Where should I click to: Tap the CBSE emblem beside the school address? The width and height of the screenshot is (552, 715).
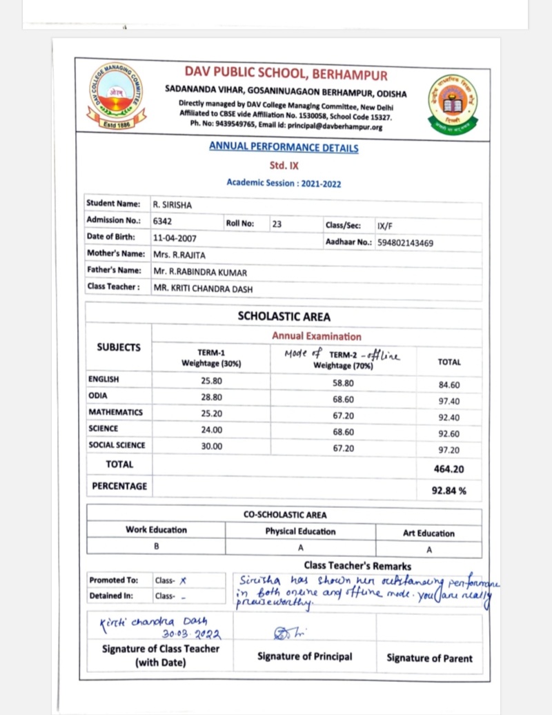click(452, 104)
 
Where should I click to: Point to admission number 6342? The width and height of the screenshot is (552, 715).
click(162, 221)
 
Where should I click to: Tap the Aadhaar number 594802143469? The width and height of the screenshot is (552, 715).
click(405, 242)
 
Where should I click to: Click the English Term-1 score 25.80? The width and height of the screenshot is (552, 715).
click(211, 380)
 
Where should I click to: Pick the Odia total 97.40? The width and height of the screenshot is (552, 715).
click(449, 401)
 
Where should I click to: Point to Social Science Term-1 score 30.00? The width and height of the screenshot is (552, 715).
click(211, 446)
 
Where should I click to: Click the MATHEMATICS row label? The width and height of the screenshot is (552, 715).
click(115, 412)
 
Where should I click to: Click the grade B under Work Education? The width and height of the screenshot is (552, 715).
click(157, 546)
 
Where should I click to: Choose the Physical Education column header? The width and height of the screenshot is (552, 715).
click(300, 531)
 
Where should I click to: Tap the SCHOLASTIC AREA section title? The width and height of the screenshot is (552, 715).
click(284, 317)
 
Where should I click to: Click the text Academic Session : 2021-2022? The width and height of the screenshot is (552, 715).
click(284, 183)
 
